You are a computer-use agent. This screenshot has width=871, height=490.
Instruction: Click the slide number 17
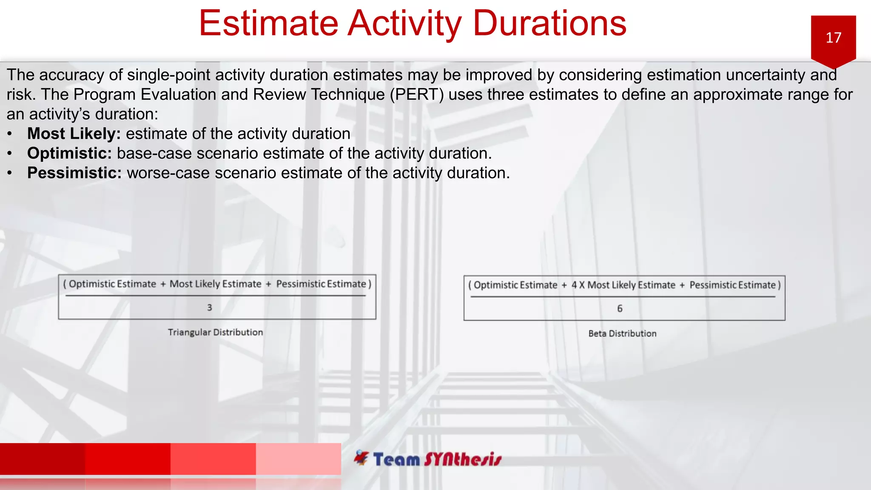pos(833,38)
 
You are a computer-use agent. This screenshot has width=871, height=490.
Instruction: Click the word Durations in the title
pos(549,23)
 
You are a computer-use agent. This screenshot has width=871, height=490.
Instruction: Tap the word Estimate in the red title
pos(268,23)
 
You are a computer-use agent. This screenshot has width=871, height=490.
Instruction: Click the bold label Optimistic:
pos(69,154)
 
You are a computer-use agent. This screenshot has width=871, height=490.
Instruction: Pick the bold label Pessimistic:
pos(74,173)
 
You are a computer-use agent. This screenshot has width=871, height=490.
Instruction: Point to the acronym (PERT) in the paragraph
pos(416,94)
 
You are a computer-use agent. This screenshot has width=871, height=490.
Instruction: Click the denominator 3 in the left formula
pos(209,308)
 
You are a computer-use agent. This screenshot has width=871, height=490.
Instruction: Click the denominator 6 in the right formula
pos(620,309)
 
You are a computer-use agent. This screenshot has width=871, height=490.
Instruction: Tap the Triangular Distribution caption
pos(215,332)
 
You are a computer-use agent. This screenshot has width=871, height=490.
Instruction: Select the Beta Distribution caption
pos(622,333)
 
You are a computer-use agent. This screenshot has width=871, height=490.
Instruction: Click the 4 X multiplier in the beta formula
pos(578,285)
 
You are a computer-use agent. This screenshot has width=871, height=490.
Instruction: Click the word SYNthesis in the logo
pos(463,459)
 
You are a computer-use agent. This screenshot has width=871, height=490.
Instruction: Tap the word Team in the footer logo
pos(396,459)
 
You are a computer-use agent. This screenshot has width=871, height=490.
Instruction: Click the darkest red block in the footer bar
pos(43,459)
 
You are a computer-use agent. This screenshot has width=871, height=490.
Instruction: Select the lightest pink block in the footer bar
pos(298,459)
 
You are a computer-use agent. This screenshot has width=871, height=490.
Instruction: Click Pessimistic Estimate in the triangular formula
pos(321,284)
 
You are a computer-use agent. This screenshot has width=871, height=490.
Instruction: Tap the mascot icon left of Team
pos(361,458)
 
